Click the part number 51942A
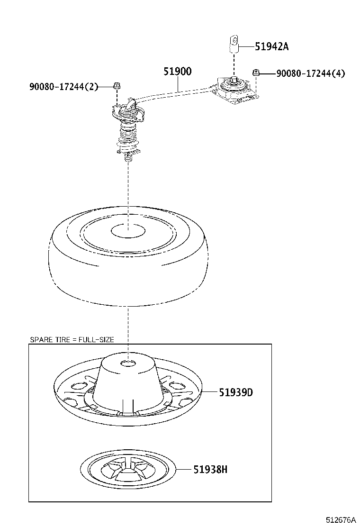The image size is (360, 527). [271, 46]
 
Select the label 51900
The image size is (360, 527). [177, 72]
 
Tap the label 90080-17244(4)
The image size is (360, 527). [310, 73]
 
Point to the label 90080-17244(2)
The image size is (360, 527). [63, 86]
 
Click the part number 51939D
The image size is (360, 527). [235, 392]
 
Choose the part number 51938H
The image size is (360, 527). [210, 470]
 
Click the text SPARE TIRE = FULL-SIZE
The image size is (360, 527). [72, 339]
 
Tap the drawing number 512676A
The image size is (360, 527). [340, 520]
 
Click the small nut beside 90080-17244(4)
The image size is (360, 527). [256, 73]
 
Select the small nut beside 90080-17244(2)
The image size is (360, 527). [117, 86]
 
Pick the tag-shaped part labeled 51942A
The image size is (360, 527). [234, 43]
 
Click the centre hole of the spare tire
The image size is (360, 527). [128, 231]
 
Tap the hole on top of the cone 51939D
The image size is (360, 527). [128, 364]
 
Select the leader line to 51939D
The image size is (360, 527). [210, 392]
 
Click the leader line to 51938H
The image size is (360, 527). [184, 470]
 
